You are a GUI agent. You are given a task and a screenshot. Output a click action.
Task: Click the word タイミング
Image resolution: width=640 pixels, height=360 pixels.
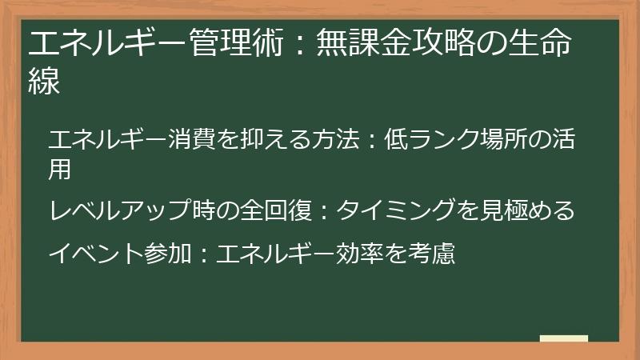[x=394, y=210]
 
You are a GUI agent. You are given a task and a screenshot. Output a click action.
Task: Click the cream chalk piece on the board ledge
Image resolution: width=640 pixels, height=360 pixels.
[x=563, y=338]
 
